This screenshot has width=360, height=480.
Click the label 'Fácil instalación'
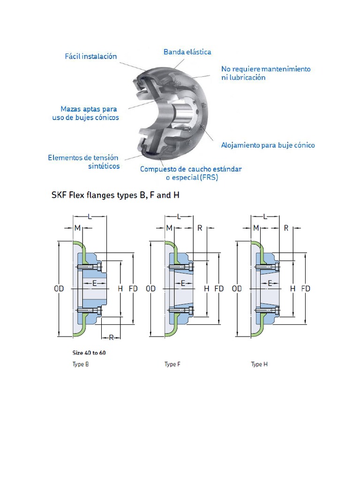click(90, 56)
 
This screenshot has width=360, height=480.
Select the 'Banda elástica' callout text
click(187, 52)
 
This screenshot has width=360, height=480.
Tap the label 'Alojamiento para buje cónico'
click(268, 145)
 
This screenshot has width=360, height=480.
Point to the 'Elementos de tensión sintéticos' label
click(83, 162)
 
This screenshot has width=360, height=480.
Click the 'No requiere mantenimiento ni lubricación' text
click(265, 73)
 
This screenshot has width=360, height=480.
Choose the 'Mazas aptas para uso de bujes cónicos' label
click(85, 113)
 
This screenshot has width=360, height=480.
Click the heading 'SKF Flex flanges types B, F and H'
click(115, 195)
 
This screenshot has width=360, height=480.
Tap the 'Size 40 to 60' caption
click(89, 352)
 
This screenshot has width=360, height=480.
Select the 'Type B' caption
click(81, 364)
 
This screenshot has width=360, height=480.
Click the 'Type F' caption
click(172, 364)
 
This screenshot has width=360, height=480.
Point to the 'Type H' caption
click(259, 364)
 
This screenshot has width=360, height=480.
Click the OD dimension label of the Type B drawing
click(59, 289)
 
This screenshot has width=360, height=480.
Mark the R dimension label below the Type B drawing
click(111, 337)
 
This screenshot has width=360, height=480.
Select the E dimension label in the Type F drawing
click(183, 283)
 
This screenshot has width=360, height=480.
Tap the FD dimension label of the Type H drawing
click(305, 289)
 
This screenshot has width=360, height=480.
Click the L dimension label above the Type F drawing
click(179, 216)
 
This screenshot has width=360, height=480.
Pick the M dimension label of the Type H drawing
click(256, 228)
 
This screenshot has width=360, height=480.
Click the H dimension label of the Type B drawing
click(120, 289)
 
